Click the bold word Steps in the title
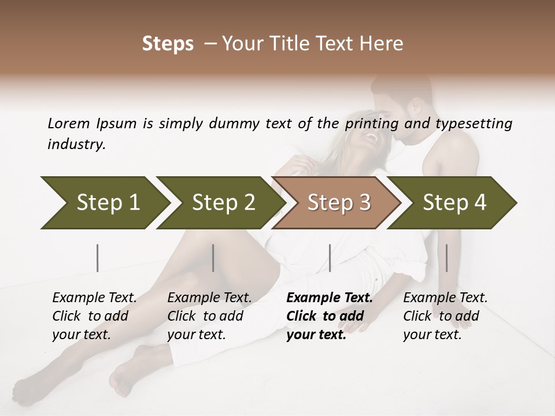(x=168, y=44)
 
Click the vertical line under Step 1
(x=98, y=258)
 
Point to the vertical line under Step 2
(x=213, y=258)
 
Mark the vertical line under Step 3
(x=330, y=258)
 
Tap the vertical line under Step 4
(x=446, y=258)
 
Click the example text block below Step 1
(x=94, y=316)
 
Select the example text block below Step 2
(x=209, y=316)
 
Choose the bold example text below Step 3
(x=330, y=316)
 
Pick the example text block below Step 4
(x=445, y=316)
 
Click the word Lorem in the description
(x=69, y=123)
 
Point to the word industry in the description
(x=76, y=144)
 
